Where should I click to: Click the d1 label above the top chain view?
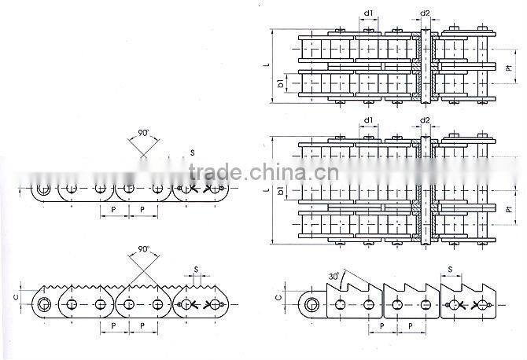coord(368,13)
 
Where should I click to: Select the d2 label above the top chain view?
coord(425,13)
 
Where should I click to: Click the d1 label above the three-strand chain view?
coord(368,120)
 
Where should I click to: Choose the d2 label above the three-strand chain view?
coord(425,120)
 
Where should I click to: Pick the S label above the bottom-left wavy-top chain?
coord(197,269)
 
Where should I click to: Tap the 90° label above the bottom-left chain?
coord(143,249)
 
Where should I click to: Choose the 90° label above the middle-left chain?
coord(142,134)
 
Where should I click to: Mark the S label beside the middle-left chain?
coord(193,152)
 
